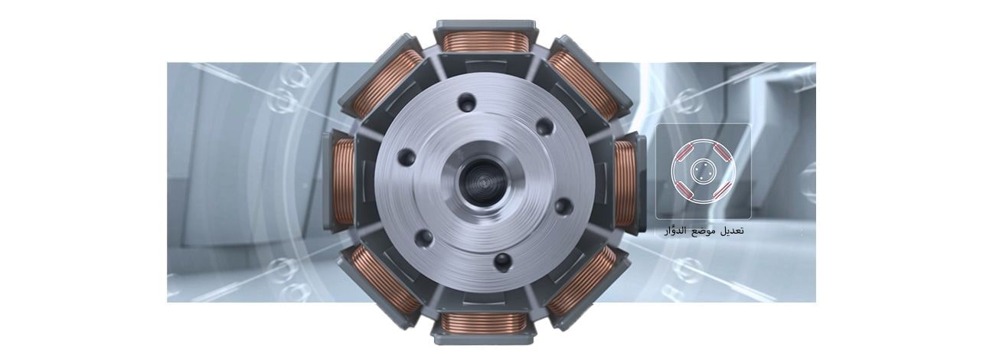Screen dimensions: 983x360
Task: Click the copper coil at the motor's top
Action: [x=485, y=41]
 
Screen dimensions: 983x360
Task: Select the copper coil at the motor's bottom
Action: [x=484, y=323]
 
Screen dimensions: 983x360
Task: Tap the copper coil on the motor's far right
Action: [x=625, y=184]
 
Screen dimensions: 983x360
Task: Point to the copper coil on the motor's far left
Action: [x=344, y=181]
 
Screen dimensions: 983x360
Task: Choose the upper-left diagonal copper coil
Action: [x=386, y=83]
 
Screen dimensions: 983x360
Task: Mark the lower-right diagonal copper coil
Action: [x=583, y=280]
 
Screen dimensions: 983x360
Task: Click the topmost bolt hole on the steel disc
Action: [x=466, y=103]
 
